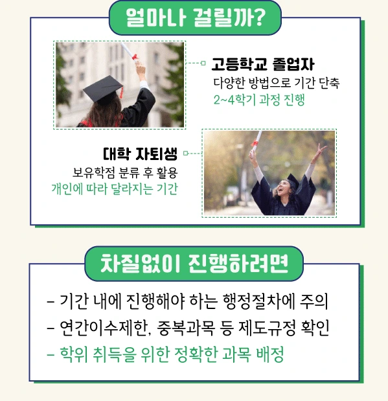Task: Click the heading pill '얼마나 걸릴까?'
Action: (194, 19)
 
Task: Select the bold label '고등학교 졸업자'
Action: (262, 65)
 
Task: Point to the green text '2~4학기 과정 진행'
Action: (258, 100)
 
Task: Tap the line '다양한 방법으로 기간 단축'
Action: (276, 84)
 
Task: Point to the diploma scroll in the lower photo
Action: (255, 140)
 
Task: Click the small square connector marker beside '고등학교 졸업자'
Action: (203, 63)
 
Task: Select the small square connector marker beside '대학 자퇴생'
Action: (185, 154)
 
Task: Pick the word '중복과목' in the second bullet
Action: (190, 328)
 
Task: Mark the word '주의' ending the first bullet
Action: (315, 301)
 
